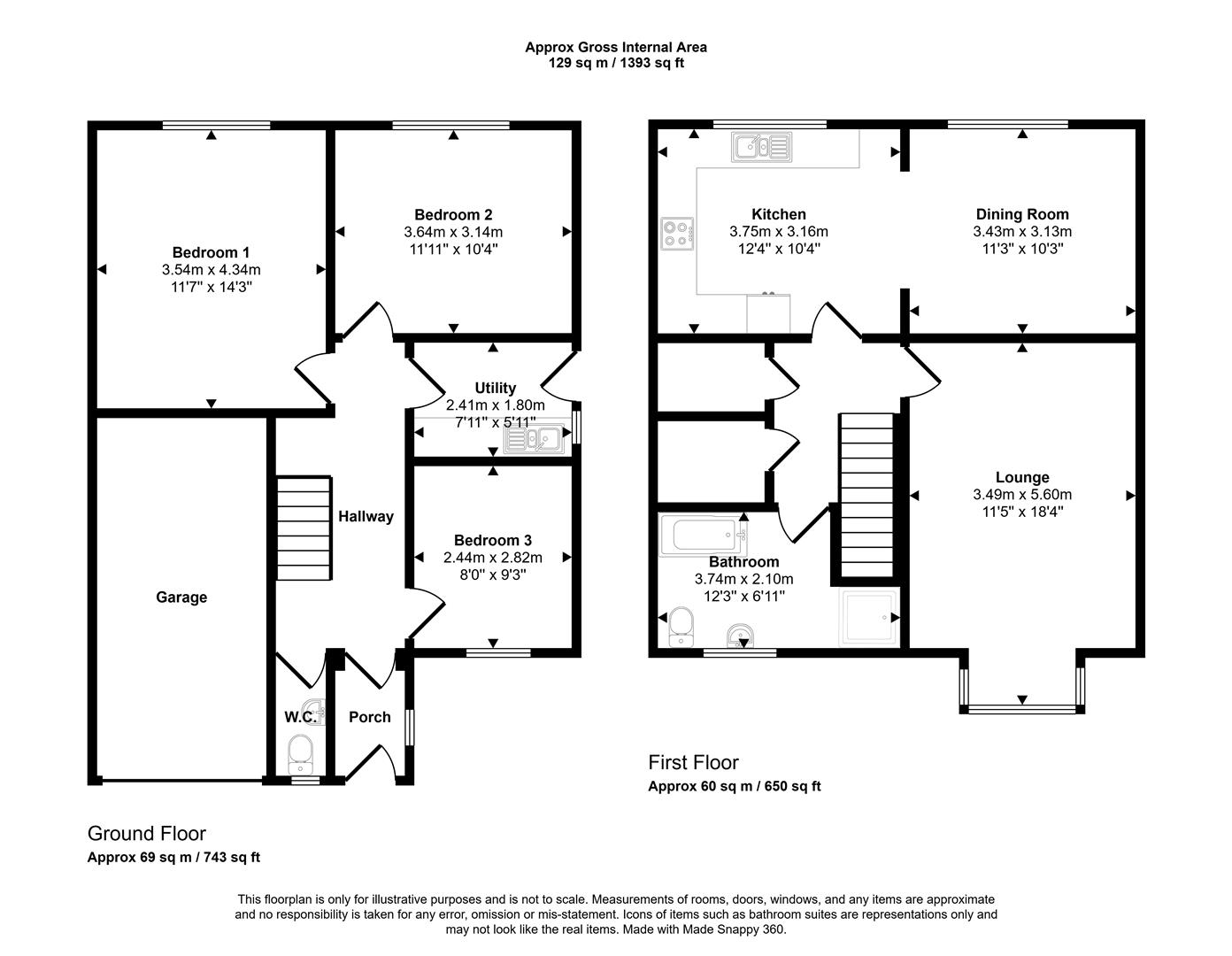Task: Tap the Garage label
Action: click(181, 597)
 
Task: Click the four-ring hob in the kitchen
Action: click(677, 232)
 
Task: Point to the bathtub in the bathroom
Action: click(705, 536)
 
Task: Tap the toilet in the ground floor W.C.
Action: click(301, 753)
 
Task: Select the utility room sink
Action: click(535, 438)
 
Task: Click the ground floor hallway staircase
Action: click(304, 527)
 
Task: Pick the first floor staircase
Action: click(866, 496)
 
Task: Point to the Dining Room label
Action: click(1021, 214)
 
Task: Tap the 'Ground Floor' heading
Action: click(146, 833)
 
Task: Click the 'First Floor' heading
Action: click(693, 762)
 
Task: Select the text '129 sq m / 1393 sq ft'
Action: click(615, 63)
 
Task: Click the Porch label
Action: click(369, 717)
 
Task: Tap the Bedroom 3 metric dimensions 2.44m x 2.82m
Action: click(492, 558)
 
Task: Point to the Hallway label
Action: click(365, 516)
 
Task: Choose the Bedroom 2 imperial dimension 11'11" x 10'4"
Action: click(452, 249)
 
